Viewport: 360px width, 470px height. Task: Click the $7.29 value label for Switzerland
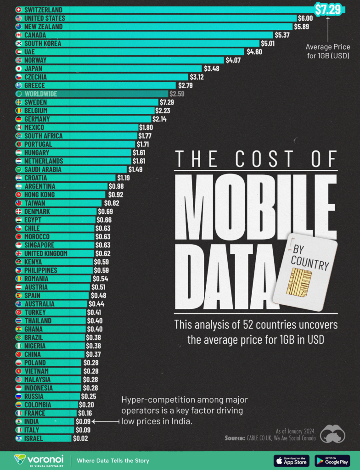pos(327,9)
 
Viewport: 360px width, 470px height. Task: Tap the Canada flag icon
pos(18,35)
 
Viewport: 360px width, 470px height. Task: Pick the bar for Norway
pos(138,60)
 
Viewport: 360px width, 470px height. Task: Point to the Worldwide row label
pos(41,94)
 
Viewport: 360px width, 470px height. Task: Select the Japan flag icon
pos(18,68)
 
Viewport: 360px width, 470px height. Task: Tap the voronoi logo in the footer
pos(39,460)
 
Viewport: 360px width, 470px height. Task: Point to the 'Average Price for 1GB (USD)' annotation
pos(327,51)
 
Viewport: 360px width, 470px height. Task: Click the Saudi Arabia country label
pos(46,169)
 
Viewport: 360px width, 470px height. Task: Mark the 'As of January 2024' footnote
pos(295,431)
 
